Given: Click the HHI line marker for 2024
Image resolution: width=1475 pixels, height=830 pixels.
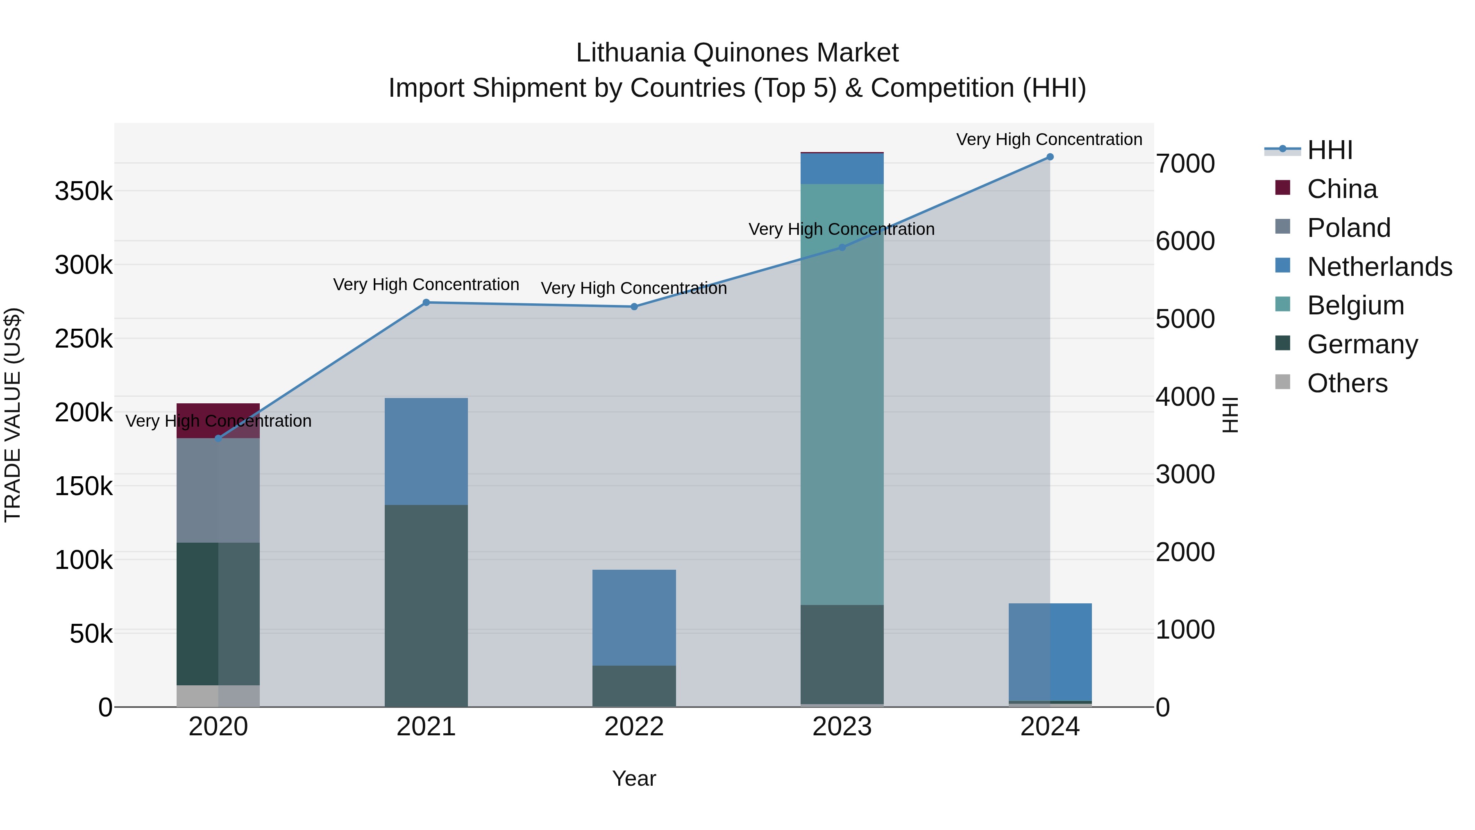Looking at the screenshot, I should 1050,157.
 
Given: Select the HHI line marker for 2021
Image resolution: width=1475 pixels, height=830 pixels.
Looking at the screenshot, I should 426,302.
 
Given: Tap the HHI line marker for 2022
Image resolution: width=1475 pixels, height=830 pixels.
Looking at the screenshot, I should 634,307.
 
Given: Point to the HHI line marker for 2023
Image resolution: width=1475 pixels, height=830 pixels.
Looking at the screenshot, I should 842,248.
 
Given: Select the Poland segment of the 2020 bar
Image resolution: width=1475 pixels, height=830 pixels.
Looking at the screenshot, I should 218,490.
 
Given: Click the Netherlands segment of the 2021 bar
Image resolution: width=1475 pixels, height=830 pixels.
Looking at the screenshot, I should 426,451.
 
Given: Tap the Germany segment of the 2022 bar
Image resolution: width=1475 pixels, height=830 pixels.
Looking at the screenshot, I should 634,686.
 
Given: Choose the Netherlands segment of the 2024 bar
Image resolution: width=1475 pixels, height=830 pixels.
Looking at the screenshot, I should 1050,652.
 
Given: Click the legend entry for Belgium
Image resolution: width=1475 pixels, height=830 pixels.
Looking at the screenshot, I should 1355,305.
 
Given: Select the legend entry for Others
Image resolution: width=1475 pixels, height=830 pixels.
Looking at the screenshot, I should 1347,383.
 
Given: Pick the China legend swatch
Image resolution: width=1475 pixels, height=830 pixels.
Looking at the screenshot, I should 1282,188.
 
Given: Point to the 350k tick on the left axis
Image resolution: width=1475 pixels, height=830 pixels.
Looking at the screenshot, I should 84,191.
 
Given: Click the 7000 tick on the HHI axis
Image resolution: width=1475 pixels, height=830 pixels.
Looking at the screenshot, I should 1185,164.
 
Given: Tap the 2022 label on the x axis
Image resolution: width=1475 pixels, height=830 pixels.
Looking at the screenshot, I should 634,727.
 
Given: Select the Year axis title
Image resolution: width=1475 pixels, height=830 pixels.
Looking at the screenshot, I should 634,778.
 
